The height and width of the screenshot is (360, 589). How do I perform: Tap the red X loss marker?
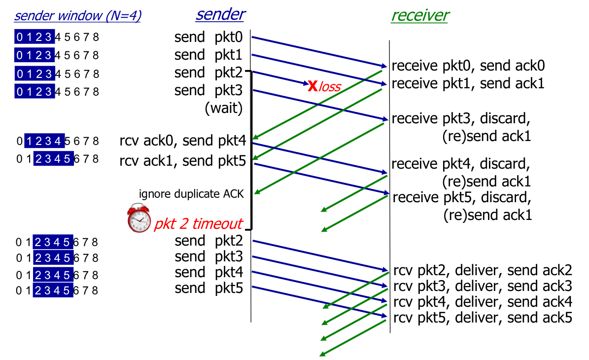point(312,86)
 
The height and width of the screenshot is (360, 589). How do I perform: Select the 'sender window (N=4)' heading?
point(78,16)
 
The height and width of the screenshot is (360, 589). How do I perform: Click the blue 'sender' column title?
point(220,14)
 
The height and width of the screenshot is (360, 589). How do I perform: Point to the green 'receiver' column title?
point(419,15)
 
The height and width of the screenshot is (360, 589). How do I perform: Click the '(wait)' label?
point(224,108)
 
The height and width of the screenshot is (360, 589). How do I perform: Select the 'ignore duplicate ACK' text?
point(191,194)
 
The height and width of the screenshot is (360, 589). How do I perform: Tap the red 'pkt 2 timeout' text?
point(198,224)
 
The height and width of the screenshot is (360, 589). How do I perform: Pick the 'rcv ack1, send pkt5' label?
point(182,160)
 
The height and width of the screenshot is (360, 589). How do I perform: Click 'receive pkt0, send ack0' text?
point(468,66)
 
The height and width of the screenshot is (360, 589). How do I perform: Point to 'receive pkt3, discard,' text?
point(461,119)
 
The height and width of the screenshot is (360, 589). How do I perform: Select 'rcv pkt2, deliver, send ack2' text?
point(483,270)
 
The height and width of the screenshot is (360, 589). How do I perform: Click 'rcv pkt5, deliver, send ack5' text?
point(483,317)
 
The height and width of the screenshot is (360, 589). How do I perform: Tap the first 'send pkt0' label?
point(209,37)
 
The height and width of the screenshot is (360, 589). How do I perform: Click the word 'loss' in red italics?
point(330,87)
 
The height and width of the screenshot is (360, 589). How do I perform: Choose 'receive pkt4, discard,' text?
point(461,163)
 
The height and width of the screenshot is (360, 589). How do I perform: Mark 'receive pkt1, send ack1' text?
point(468,83)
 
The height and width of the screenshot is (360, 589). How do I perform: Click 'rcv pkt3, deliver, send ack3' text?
point(483,286)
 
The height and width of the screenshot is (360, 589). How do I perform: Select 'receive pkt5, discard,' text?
point(462,198)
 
